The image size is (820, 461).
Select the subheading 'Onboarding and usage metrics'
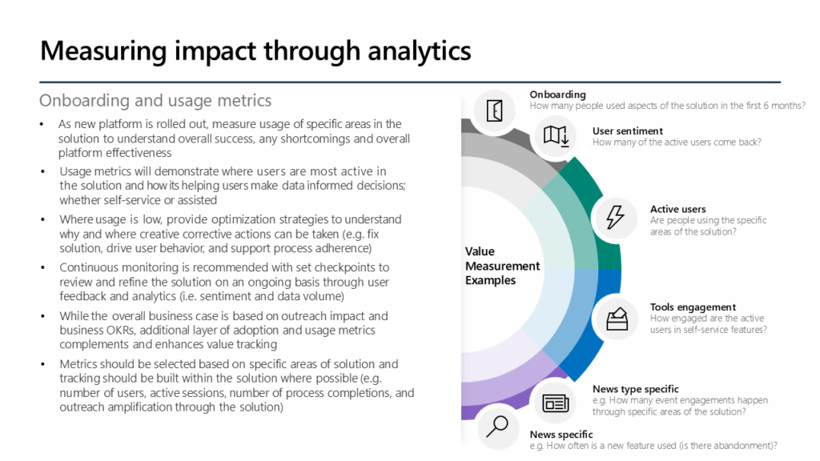(x=155, y=101)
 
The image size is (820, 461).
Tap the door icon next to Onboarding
(x=495, y=110)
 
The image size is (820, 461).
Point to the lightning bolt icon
(x=615, y=217)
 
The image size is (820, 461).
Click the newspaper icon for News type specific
(x=555, y=402)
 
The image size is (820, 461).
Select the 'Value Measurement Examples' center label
(x=502, y=266)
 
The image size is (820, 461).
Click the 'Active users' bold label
(x=677, y=210)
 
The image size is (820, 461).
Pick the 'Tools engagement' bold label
(x=693, y=307)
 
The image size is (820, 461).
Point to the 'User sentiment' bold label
(x=627, y=131)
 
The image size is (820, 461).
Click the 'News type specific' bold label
(x=635, y=390)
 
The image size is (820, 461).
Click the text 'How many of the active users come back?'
(x=677, y=142)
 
